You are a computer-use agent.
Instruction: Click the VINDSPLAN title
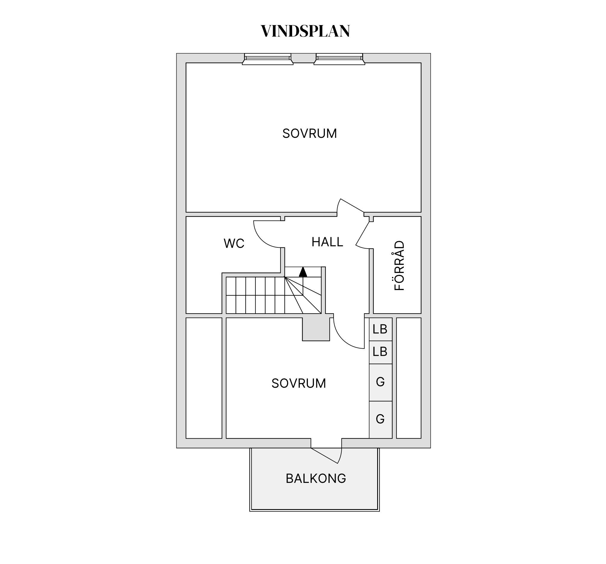[305, 31]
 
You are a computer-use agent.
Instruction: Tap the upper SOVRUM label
[309, 133]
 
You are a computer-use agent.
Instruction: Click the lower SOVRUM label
[299, 383]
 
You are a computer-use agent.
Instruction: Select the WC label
[234, 244]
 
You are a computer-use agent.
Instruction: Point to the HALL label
[327, 242]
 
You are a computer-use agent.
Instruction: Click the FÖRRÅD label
[399, 266]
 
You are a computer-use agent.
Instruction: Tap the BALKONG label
[316, 479]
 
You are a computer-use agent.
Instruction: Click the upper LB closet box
[380, 329]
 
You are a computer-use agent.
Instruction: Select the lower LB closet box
[380, 352]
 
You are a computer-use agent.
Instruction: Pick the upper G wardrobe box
[380, 382]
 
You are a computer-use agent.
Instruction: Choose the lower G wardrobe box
[380, 420]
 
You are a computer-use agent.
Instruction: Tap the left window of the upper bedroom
[268, 59]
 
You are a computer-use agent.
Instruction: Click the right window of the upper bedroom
[339, 59]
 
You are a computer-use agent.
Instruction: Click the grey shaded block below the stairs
[316, 329]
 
